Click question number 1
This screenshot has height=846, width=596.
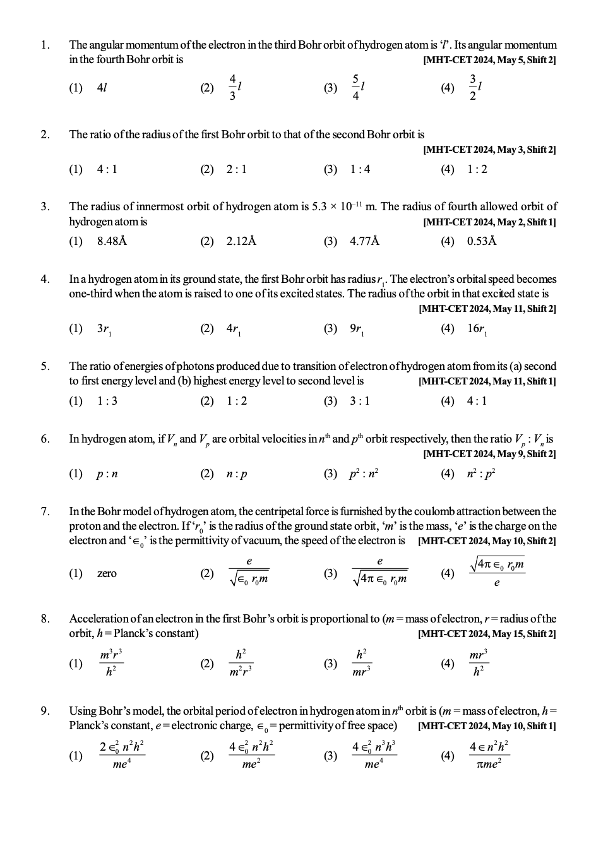[x=44, y=45]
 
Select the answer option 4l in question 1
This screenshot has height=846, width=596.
[x=102, y=88]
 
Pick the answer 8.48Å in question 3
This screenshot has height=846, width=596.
[x=112, y=241]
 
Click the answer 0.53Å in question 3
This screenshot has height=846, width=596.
[x=482, y=241]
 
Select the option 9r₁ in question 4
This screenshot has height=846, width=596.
[x=357, y=329]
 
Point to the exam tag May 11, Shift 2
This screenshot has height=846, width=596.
[x=487, y=309]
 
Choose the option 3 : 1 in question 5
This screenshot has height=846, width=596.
[x=360, y=401]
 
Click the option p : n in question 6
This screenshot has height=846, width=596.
[x=107, y=474]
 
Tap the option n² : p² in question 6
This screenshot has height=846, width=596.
[x=481, y=474]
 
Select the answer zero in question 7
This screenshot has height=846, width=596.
[x=107, y=573]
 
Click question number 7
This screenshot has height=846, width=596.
[x=45, y=511]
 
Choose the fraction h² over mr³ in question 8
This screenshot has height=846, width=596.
[x=361, y=664]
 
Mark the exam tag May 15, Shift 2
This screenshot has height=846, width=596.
[x=487, y=634]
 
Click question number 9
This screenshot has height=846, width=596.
[x=45, y=712]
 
